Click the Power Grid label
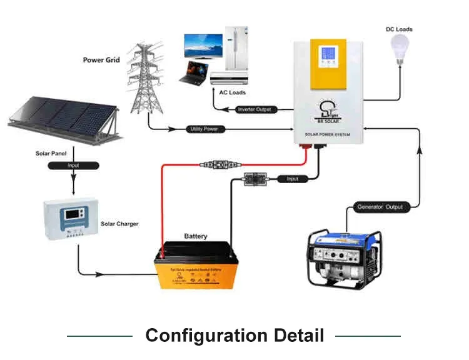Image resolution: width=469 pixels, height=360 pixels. tap(101, 61)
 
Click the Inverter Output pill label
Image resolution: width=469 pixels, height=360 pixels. tap(256, 110)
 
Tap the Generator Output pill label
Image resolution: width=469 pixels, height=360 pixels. tap(380, 207)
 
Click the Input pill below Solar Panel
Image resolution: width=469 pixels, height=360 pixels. tap(74, 166)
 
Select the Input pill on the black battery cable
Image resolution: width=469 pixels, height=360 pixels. tap(292, 179)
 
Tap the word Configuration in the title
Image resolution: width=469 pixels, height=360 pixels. tap(206, 336)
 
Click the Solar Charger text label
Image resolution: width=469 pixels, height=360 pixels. tap(119, 224)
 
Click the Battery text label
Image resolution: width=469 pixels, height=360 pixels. tap(195, 236)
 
